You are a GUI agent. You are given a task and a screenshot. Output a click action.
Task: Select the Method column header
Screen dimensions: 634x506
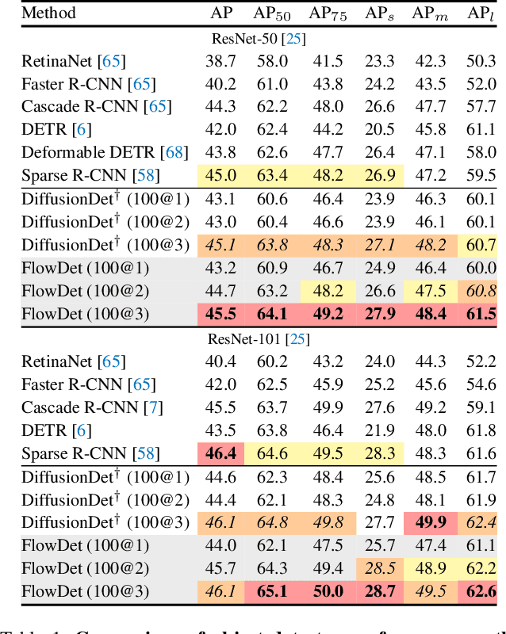coord(48,13)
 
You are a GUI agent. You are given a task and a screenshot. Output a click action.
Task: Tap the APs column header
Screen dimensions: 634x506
coord(379,13)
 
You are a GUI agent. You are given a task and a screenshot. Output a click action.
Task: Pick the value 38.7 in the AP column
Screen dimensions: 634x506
coord(221,60)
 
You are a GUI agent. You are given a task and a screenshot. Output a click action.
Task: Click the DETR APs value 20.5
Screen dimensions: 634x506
coord(379,129)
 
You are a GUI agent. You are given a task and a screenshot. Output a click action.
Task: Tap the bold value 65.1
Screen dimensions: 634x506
coord(271,592)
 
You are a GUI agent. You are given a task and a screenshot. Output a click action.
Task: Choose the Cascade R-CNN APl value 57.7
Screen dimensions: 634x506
coord(481,106)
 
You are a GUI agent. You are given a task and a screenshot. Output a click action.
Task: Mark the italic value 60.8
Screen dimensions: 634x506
coord(481,291)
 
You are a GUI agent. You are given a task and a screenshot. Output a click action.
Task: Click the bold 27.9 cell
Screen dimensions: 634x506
coord(379,314)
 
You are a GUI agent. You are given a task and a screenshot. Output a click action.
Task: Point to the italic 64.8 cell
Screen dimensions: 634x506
coord(271,523)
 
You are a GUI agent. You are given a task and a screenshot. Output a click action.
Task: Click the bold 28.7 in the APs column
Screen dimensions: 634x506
coord(379,592)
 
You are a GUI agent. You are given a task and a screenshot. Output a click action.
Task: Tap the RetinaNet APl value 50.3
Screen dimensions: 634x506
coord(481,60)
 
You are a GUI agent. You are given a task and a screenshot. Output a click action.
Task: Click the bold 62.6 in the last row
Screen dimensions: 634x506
coord(481,592)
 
